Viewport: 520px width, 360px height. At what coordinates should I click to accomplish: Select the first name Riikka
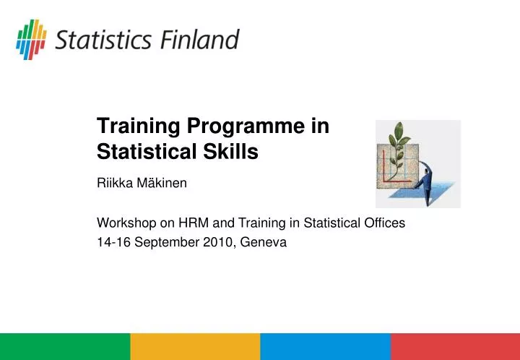click(x=113, y=184)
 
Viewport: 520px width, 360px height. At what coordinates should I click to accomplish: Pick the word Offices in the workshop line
click(x=384, y=224)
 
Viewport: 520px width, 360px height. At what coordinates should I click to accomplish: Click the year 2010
click(x=204, y=244)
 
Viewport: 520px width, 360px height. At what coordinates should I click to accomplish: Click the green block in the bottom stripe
click(x=65, y=346)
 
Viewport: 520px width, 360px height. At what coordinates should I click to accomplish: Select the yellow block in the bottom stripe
click(x=195, y=346)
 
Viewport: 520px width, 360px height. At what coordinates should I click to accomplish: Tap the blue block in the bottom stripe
click(x=325, y=346)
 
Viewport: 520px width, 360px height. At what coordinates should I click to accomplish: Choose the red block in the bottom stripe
click(x=455, y=346)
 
